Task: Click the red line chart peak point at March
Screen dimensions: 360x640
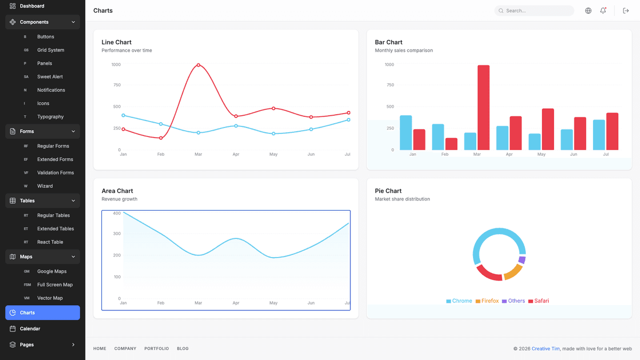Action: [x=198, y=65]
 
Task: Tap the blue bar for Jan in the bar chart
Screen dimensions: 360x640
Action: [x=406, y=133]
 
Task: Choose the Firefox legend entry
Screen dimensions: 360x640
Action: [x=487, y=301]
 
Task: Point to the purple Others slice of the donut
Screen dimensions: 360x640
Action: [x=522, y=260]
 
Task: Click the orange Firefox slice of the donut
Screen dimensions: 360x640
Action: [x=513, y=272]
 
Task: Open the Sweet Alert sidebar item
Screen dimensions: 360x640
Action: [x=50, y=77]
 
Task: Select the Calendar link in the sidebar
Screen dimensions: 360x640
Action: [x=30, y=329]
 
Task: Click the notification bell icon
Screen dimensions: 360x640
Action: [x=603, y=11]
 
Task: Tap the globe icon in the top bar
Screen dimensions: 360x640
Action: [x=588, y=11]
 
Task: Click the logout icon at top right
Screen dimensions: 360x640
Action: [x=626, y=11]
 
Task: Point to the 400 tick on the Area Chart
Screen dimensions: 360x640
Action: [x=116, y=213]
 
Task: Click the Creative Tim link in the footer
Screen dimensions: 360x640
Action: [x=546, y=349]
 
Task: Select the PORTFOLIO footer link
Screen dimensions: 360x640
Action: [x=156, y=349]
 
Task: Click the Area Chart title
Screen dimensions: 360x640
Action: [x=117, y=191]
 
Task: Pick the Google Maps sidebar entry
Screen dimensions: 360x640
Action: [x=52, y=271]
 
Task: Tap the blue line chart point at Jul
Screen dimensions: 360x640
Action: [x=348, y=119]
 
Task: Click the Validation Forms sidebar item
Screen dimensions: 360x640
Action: [x=55, y=173]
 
